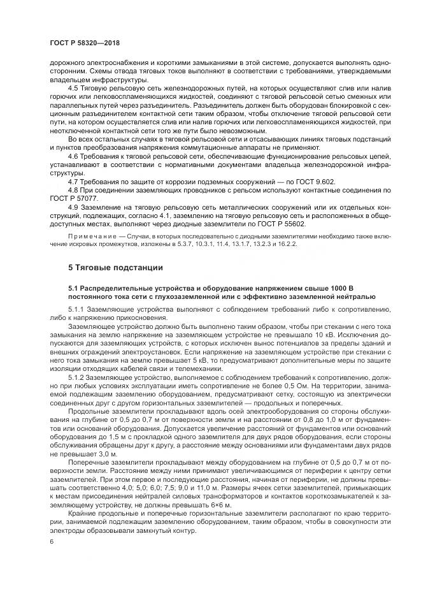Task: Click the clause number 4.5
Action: tap(74, 87)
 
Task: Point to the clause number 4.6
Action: tap(74, 156)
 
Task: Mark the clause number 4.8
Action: tap(74, 191)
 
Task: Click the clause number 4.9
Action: tap(74, 208)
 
